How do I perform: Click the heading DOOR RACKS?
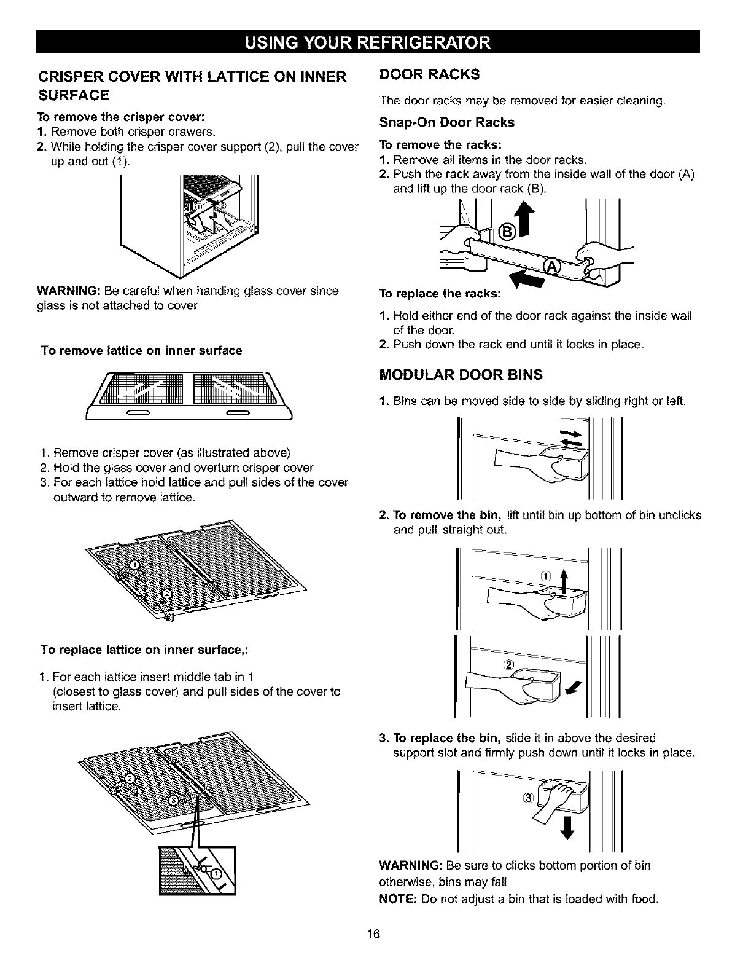(x=429, y=75)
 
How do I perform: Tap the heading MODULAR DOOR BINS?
(x=461, y=375)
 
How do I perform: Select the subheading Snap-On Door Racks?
(x=447, y=122)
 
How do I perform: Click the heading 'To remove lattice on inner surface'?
(x=141, y=350)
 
